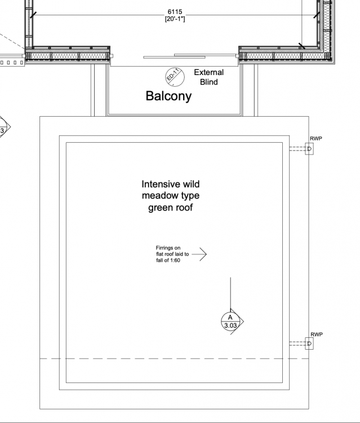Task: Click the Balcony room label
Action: (168, 96)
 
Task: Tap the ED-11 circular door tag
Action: (175, 77)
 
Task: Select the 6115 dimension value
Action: (175, 12)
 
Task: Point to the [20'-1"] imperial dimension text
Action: (175, 19)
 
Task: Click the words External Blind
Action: (209, 77)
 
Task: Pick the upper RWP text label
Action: (316, 139)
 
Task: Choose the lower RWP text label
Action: (317, 334)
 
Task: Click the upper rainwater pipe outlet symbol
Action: (309, 149)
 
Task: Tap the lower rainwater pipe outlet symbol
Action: (309, 343)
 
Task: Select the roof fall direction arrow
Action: (199, 254)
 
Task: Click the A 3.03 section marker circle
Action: (230, 321)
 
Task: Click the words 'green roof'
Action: (171, 208)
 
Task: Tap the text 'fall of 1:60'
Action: (168, 261)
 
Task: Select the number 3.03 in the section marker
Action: (230, 325)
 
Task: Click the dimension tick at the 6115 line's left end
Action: (33, 15)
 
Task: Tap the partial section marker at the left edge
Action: (4, 127)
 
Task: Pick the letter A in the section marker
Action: (230, 317)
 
